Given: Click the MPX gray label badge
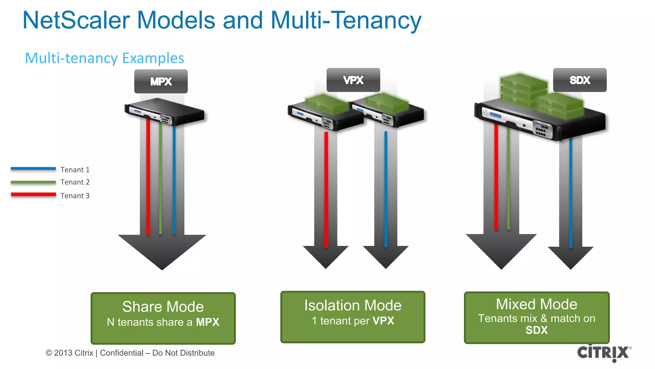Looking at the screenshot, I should [x=161, y=81].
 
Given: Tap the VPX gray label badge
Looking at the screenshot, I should [x=353, y=80].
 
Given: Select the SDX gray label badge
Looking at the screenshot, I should [x=580, y=80].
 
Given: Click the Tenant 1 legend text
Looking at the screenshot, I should [x=75, y=170].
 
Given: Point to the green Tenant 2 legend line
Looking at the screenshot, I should [x=33, y=182].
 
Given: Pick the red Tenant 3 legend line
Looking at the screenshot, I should [x=33, y=194].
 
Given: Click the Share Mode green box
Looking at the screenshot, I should [x=163, y=318].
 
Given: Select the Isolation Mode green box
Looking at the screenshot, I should [x=353, y=317].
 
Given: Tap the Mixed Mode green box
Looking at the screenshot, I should [x=536, y=317].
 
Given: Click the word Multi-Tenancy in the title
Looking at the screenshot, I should [x=346, y=20].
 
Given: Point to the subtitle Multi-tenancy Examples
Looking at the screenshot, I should [x=105, y=58].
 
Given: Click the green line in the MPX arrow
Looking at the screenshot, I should [x=161, y=179].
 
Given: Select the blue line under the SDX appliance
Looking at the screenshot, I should [x=571, y=192].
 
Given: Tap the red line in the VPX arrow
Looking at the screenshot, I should [x=326, y=189].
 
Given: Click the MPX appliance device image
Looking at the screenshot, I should [x=164, y=112].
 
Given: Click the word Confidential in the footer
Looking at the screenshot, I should [x=122, y=353].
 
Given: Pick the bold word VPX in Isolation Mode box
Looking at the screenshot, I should [x=383, y=321].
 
